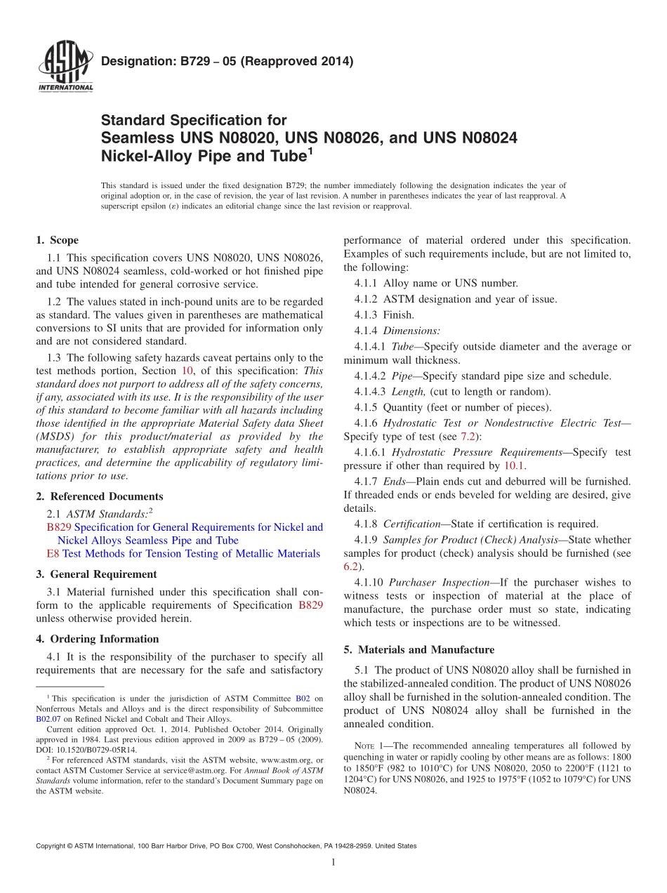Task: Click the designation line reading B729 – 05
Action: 227,61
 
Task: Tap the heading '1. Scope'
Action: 58,240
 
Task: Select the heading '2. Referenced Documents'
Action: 100,496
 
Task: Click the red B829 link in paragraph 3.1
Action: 310,605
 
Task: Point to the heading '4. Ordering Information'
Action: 98,639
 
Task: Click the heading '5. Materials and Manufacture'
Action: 418,649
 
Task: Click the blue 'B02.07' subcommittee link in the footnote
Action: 47,719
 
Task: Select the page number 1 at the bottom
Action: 333,863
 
